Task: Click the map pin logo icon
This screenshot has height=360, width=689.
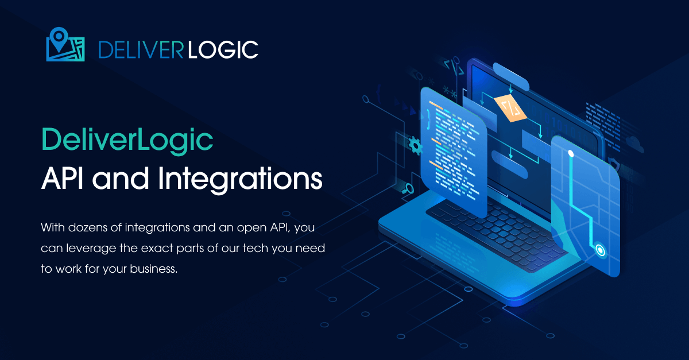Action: pos(65,45)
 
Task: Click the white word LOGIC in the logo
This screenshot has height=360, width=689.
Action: pos(223,50)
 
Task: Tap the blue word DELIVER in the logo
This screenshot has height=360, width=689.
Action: pos(141,50)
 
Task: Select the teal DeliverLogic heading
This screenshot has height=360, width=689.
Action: pos(127,141)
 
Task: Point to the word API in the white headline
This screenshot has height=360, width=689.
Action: pos(62,179)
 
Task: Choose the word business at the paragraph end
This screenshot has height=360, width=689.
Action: pos(153,269)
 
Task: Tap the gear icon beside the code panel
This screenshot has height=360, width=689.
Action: pos(415,146)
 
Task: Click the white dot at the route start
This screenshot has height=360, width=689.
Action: pos(571,153)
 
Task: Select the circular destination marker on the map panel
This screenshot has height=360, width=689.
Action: pos(600,250)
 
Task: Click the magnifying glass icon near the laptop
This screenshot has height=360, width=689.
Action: pos(408,189)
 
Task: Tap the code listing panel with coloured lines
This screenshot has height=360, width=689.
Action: pos(453,151)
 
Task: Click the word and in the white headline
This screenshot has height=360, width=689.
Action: pos(121,179)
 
